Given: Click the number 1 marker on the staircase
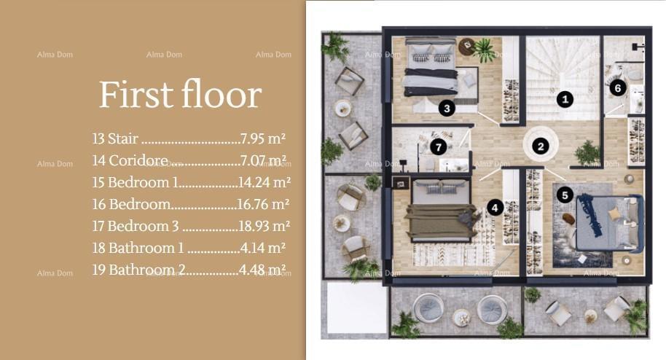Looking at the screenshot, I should point(564,99).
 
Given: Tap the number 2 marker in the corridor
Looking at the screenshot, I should point(540,146).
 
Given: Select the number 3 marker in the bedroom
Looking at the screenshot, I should point(447,109).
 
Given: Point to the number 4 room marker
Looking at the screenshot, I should point(495,208).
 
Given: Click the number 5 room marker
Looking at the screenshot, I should point(564,195).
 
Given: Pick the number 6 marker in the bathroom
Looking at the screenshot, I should point(617,88).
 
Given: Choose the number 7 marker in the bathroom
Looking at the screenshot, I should point(437,147).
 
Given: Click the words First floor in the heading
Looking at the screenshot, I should point(179,95).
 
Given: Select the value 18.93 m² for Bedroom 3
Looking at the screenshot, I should point(265,226).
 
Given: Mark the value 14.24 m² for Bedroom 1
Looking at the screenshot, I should point(265,182).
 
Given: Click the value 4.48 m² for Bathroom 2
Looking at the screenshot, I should point(262,270).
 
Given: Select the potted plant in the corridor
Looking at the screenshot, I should point(586,152).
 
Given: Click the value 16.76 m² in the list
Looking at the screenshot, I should point(263,204).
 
